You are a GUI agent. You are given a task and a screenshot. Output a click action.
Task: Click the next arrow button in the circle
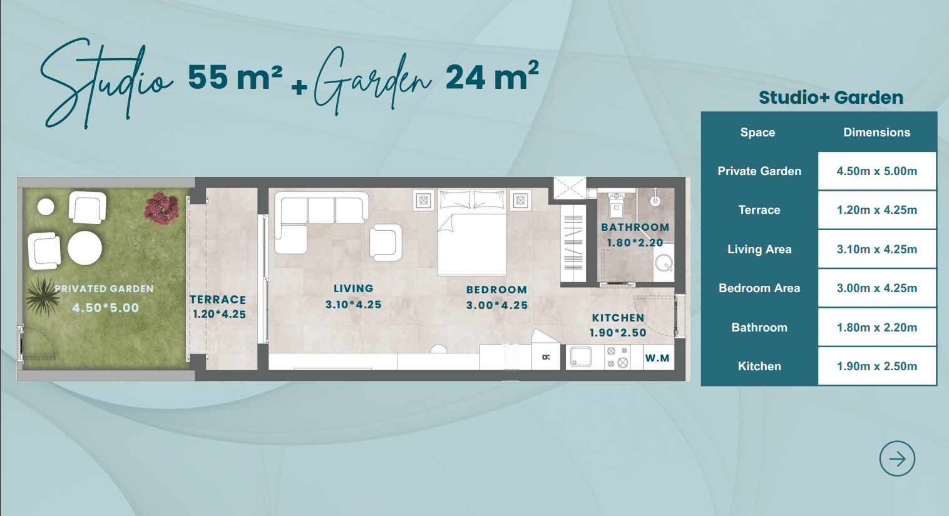[897, 458]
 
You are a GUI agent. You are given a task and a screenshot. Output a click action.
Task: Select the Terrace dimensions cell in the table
[876, 210]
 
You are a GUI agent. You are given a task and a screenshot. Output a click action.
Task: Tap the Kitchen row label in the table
[759, 366]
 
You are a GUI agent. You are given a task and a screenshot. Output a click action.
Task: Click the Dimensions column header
[876, 132]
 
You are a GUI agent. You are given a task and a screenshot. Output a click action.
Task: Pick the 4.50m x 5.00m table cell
[876, 171]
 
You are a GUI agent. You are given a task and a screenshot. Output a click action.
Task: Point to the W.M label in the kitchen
[657, 358]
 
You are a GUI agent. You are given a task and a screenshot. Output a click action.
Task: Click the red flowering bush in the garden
[161, 208]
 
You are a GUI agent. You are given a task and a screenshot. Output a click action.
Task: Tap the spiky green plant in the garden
[43, 296]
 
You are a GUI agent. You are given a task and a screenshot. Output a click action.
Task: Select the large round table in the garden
[85, 248]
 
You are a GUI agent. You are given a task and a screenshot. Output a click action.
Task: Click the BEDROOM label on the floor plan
[496, 290]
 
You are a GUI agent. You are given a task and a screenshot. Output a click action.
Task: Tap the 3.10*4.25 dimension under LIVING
[353, 305]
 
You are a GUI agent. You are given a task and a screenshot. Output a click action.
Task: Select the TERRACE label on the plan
[218, 300]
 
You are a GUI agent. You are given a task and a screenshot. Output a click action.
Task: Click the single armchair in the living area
[386, 242]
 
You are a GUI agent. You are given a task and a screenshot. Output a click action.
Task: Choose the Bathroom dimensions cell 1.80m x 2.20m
[876, 327]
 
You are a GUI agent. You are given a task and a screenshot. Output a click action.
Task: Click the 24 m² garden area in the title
[492, 76]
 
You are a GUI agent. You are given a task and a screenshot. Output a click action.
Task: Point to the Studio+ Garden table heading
[831, 98]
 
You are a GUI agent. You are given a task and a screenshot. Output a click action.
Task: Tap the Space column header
[757, 132]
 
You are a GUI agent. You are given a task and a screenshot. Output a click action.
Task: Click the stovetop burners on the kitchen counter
[617, 358]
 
